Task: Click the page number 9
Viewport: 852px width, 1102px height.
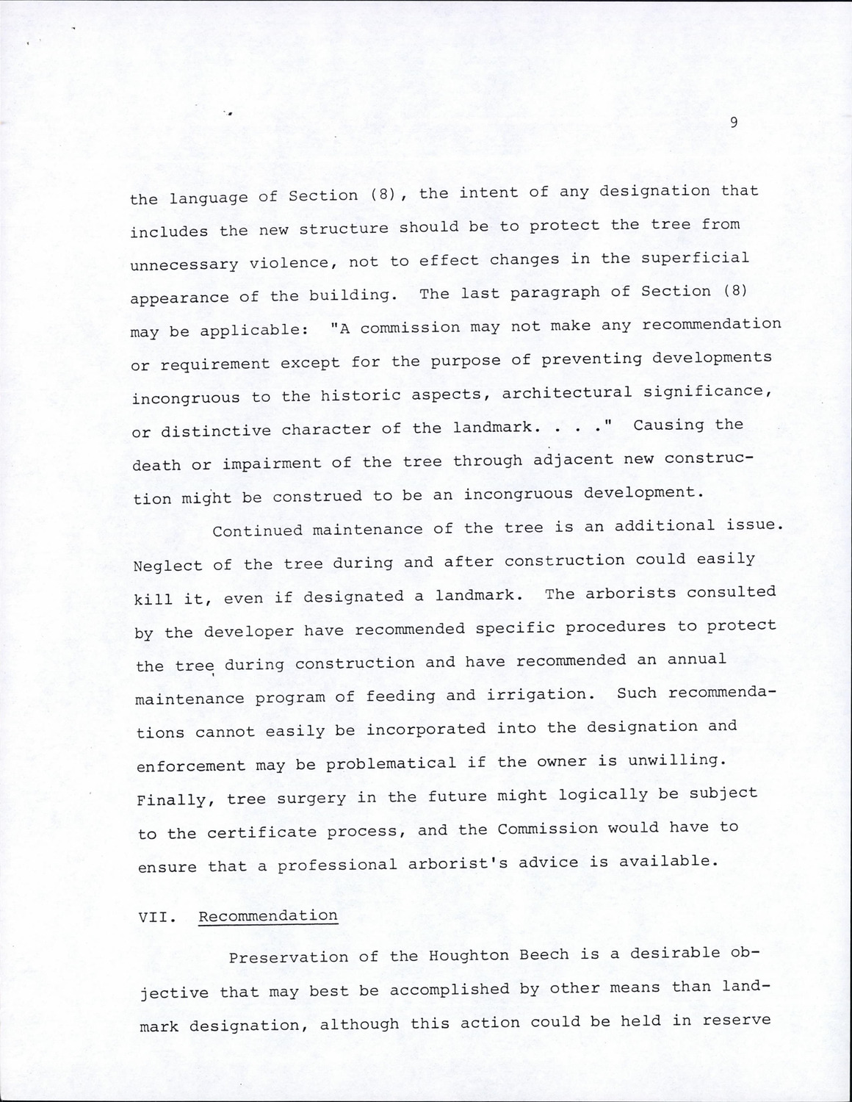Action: pos(734,123)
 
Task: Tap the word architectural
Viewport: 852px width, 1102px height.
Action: pos(566,394)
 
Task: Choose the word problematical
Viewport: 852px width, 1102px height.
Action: pos(391,763)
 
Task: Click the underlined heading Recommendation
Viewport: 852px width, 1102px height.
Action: pos(268,916)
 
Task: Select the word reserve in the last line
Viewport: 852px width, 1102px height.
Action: pos(737,1020)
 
